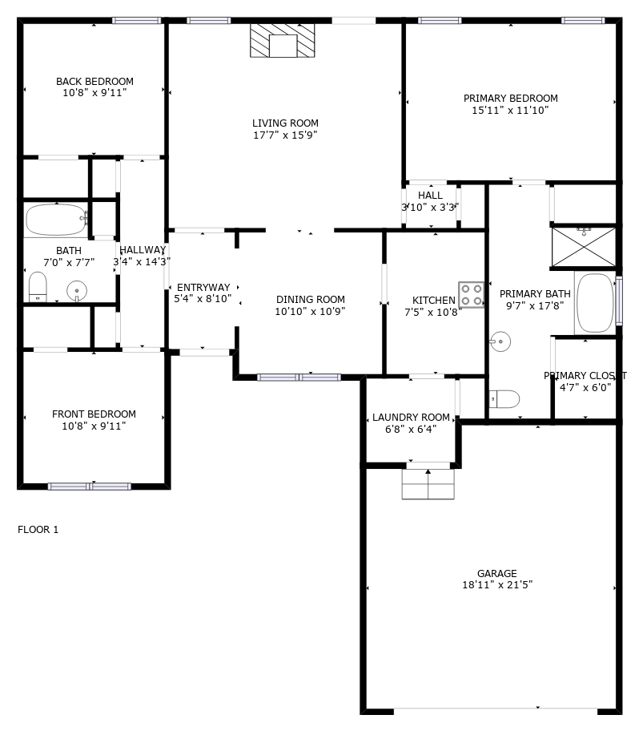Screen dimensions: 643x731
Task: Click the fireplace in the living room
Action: [x=282, y=41]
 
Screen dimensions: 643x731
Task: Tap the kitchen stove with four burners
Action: [x=471, y=295]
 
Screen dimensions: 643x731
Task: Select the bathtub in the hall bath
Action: [x=56, y=220]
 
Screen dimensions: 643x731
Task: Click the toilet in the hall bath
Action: [x=38, y=287]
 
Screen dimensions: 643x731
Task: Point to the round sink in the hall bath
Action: [x=77, y=292]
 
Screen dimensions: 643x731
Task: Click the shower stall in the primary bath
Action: [x=584, y=247]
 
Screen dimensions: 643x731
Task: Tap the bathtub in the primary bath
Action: [x=596, y=302]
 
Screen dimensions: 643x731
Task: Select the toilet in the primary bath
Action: [x=504, y=399]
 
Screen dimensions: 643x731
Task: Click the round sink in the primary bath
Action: [x=500, y=341]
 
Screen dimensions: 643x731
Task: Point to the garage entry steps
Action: [x=428, y=484]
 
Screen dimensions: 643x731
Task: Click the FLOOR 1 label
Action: [x=38, y=530]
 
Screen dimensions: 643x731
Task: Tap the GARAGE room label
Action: [x=496, y=573]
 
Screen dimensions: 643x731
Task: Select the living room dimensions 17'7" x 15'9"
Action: [x=285, y=135]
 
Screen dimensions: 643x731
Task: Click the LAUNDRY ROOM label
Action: [x=411, y=418]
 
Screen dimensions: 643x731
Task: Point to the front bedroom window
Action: [x=90, y=487]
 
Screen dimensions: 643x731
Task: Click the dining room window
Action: [x=299, y=378]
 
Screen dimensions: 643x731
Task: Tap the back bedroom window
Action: [x=136, y=21]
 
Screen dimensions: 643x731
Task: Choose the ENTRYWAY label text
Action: [x=203, y=288]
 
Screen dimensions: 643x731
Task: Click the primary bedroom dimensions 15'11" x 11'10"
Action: [x=510, y=111]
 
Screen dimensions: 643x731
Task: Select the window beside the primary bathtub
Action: [x=619, y=301]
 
